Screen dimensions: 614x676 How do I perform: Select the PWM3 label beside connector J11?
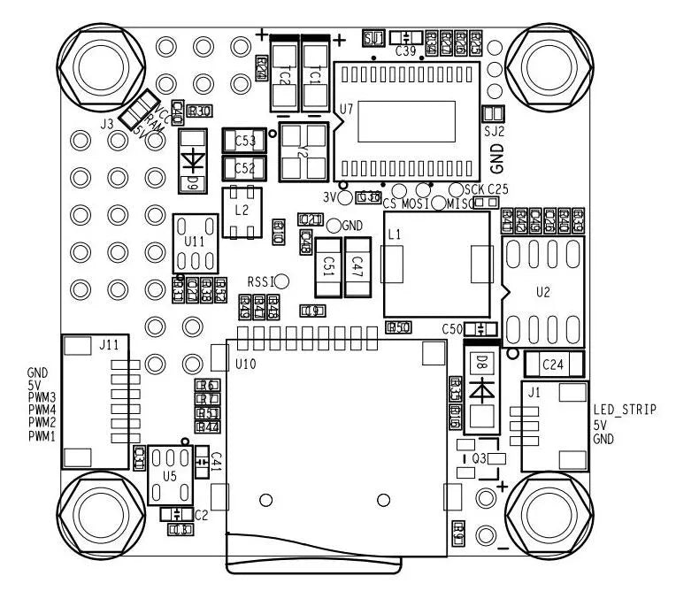[x=42, y=398]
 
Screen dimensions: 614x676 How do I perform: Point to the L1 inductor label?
[x=394, y=234]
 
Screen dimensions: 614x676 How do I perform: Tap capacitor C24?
[x=554, y=364]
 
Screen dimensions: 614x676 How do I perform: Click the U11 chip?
[x=194, y=242]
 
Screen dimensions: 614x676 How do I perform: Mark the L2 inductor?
[x=241, y=212]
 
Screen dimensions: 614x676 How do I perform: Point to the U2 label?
[x=544, y=291]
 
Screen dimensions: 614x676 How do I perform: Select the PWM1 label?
[x=42, y=436]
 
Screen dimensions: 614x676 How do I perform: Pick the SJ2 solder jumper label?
[x=493, y=130]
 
